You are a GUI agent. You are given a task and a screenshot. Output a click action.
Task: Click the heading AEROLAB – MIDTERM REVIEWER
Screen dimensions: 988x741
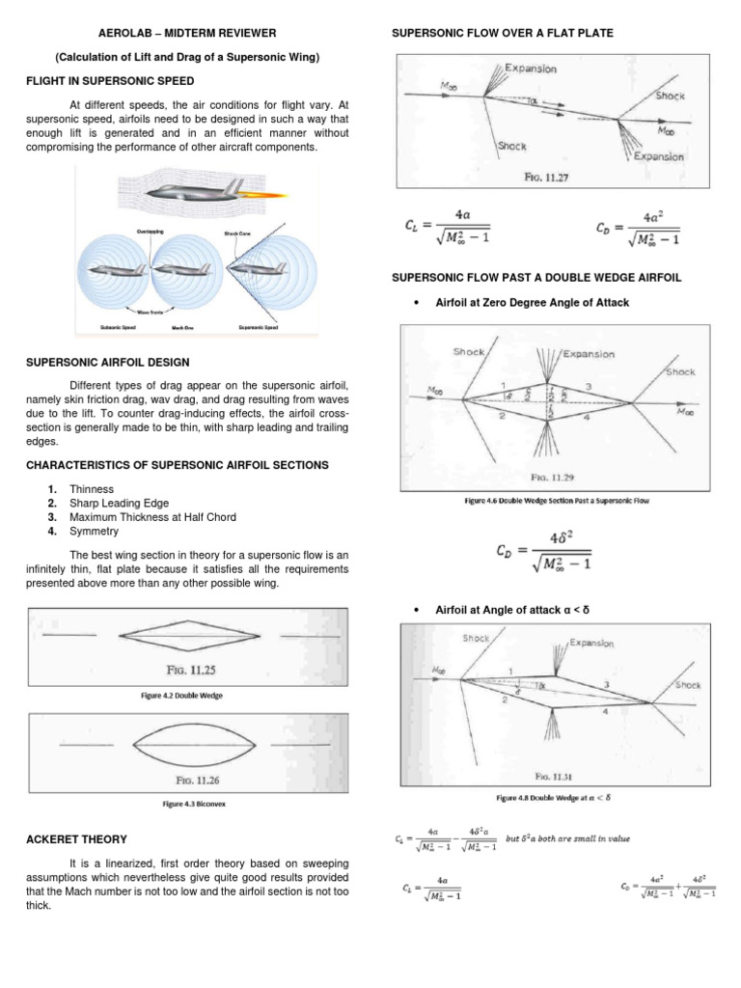pos(187,33)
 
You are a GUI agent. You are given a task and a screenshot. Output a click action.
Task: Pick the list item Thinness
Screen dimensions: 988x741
pos(91,490)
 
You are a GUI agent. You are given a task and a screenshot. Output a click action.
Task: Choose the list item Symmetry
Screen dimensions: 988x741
pos(93,531)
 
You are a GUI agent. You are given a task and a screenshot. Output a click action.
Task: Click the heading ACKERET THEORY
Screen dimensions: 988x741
pos(76,839)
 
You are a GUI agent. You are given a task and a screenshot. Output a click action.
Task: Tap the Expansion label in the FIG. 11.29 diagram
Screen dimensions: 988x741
pos(589,353)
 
